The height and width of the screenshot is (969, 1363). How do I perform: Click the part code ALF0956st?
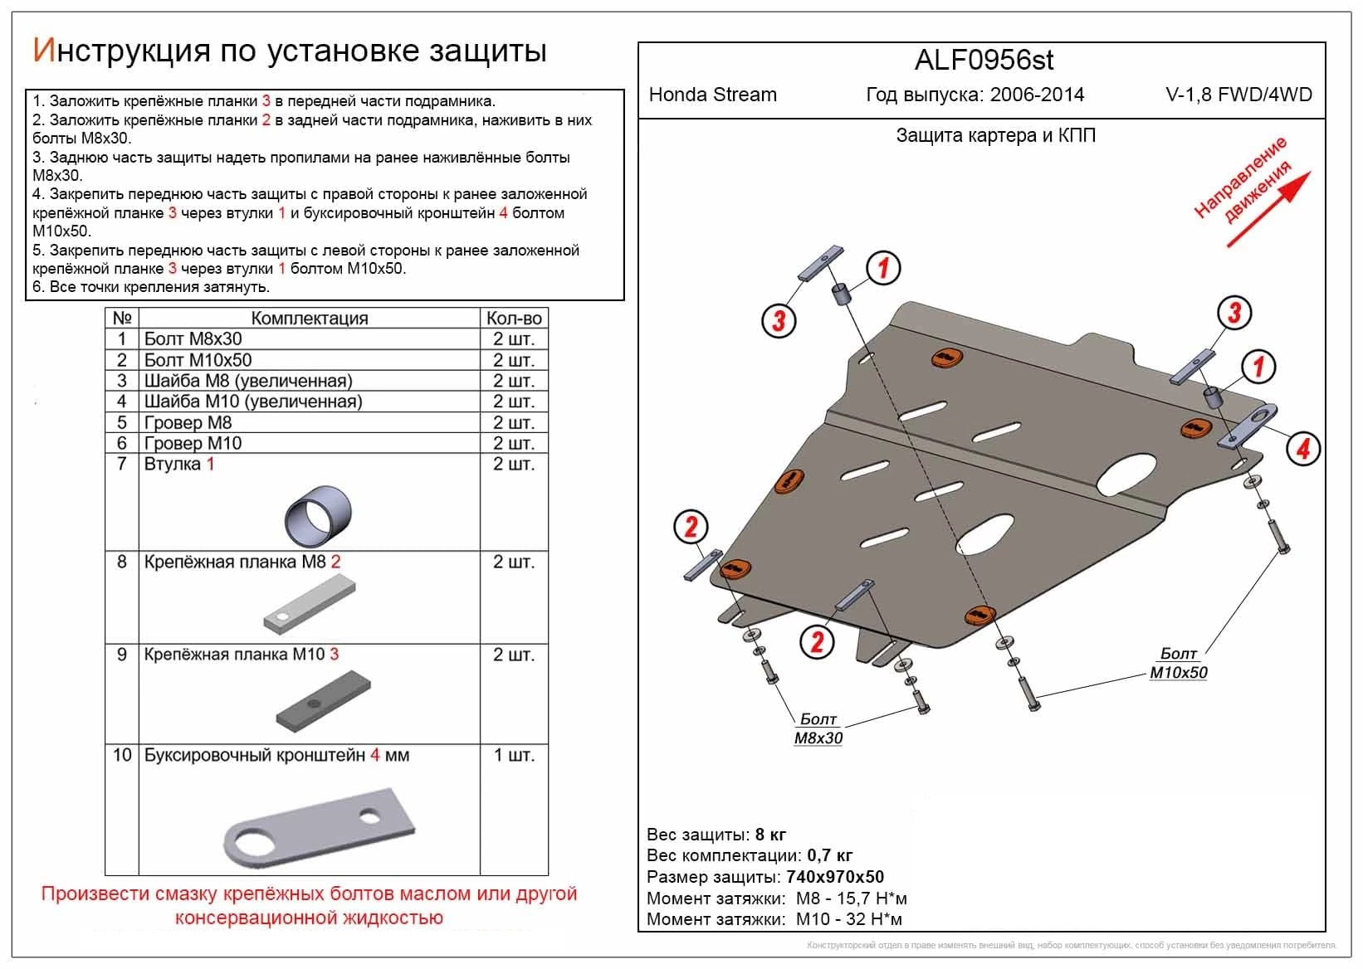click(x=984, y=60)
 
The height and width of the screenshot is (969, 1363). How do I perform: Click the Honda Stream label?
click(x=712, y=95)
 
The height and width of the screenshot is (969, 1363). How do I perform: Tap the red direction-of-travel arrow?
click(x=1269, y=209)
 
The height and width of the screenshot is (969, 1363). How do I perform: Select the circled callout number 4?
click(x=1302, y=449)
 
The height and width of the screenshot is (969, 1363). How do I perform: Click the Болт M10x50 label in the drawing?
click(x=1178, y=664)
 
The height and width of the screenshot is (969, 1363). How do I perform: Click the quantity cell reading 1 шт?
click(x=514, y=756)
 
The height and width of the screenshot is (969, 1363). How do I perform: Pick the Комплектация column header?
click(x=309, y=319)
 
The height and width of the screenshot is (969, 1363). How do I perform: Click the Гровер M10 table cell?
click(x=193, y=443)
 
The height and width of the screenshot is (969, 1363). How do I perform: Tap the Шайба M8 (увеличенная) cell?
click(x=248, y=381)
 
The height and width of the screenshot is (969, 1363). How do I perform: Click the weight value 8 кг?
click(x=770, y=835)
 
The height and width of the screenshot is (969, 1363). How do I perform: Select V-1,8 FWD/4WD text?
click(x=1238, y=95)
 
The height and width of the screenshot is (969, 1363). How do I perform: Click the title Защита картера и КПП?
click(x=995, y=135)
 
